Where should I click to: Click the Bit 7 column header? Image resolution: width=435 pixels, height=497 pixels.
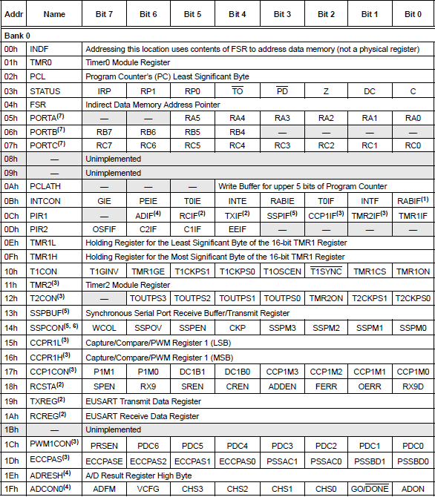click(104, 13)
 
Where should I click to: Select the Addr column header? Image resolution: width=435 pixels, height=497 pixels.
click(12, 13)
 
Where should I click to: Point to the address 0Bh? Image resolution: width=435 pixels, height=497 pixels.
click(12, 200)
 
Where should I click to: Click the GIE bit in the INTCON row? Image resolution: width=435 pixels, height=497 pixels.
click(104, 200)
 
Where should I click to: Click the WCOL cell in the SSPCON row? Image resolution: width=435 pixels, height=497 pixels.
click(104, 326)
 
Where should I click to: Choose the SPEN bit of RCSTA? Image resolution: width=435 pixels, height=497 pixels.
click(104, 386)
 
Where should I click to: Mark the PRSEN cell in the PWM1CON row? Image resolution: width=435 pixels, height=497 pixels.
click(104, 445)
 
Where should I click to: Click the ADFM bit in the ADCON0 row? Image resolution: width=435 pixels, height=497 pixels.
click(104, 489)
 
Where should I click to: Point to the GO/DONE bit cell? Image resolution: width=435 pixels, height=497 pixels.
click(369, 489)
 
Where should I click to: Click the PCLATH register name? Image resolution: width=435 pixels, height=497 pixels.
click(46, 186)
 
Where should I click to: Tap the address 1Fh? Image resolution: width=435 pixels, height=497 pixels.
click(12, 489)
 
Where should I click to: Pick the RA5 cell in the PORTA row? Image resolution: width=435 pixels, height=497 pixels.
click(193, 117)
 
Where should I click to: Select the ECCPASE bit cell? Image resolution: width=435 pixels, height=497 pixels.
click(104, 460)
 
